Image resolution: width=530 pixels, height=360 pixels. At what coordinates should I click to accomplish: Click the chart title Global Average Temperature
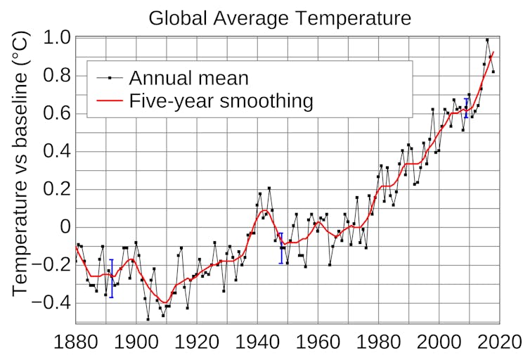[x=280, y=18]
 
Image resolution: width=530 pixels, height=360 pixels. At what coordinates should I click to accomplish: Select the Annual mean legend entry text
[x=188, y=77]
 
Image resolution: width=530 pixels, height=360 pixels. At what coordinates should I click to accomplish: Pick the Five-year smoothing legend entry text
[x=221, y=101]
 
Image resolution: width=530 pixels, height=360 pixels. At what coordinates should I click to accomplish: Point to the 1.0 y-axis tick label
[x=56, y=37]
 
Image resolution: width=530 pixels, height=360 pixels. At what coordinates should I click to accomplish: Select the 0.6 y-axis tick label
[x=56, y=113]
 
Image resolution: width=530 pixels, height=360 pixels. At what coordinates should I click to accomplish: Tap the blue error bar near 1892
[x=111, y=278]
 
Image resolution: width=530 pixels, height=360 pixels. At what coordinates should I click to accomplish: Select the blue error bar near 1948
[x=281, y=247]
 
